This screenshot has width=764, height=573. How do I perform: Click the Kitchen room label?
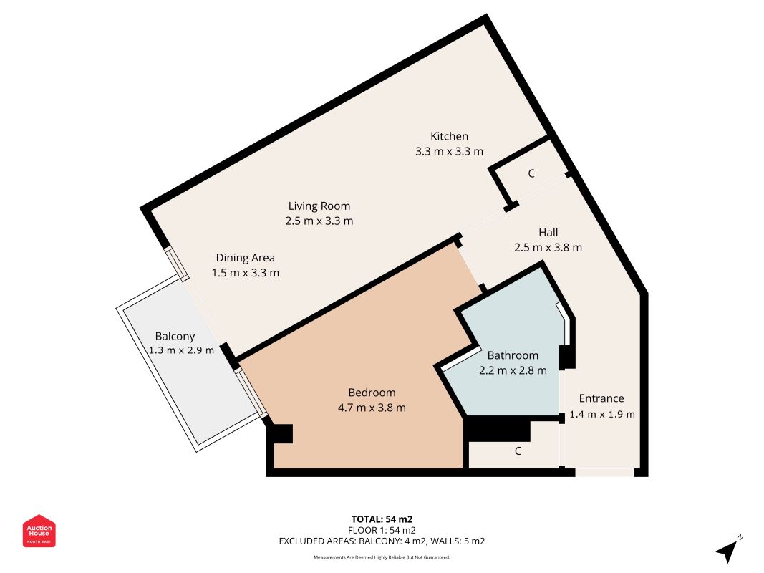(x=449, y=136)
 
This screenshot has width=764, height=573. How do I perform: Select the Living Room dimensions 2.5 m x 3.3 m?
(x=319, y=221)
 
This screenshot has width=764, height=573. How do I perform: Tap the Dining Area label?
(x=246, y=258)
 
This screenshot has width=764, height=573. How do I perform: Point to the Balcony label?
(x=175, y=336)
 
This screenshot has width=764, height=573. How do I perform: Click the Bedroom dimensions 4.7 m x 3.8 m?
(x=372, y=408)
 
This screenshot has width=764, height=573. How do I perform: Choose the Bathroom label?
(x=513, y=355)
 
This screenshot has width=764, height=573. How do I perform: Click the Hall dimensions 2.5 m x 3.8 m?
(x=548, y=248)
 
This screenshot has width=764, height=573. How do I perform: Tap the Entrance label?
(x=601, y=398)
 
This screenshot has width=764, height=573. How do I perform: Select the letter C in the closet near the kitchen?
(x=531, y=173)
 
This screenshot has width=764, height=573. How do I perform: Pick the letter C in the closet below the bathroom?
(x=518, y=451)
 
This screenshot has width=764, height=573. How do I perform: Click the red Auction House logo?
(x=39, y=531)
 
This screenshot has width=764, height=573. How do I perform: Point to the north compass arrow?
(x=728, y=549)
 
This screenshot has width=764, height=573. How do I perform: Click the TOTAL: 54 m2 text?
(x=382, y=519)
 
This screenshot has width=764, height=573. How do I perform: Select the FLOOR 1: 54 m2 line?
(x=382, y=530)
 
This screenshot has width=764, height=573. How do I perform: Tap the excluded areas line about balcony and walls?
(x=382, y=541)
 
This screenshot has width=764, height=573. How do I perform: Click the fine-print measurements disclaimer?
(x=382, y=557)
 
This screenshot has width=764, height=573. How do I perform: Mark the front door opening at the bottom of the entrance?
(x=604, y=472)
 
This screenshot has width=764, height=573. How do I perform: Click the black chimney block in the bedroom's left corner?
(x=280, y=433)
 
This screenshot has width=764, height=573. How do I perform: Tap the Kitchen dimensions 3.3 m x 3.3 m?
(x=449, y=151)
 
